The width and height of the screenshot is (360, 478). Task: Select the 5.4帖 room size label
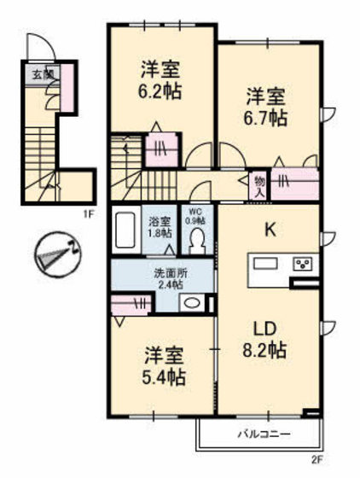[164, 376]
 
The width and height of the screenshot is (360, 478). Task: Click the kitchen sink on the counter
[263, 262]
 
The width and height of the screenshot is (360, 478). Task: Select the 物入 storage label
[259, 185]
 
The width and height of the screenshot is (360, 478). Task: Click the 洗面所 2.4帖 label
[167, 279]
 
